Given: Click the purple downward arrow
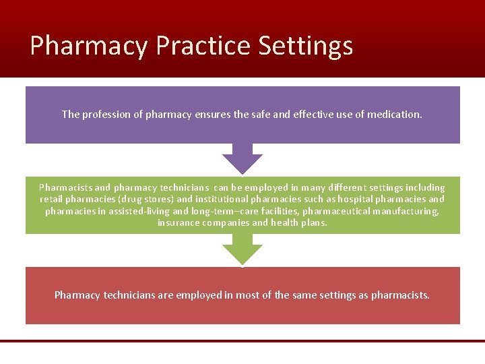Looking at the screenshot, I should [x=243, y=159].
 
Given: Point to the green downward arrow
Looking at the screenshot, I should [x=243, y=250].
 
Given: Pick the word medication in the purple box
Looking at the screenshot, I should [x=393, y=115].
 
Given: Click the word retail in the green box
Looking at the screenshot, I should [x=52, y=200].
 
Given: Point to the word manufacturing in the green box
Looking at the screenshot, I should [x=405, y=212].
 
